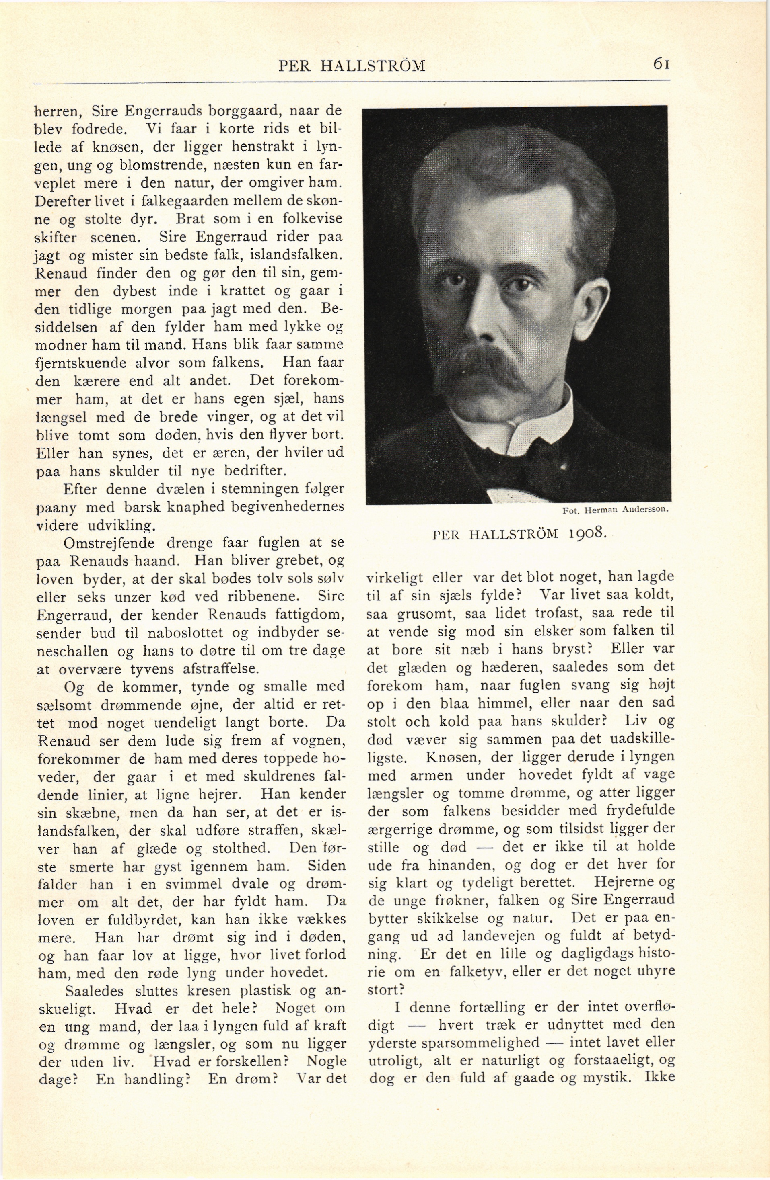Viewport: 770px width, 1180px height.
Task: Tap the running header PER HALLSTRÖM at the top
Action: click(x=352, y=66)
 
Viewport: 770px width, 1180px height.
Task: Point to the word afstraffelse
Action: click(x=221, y=669)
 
